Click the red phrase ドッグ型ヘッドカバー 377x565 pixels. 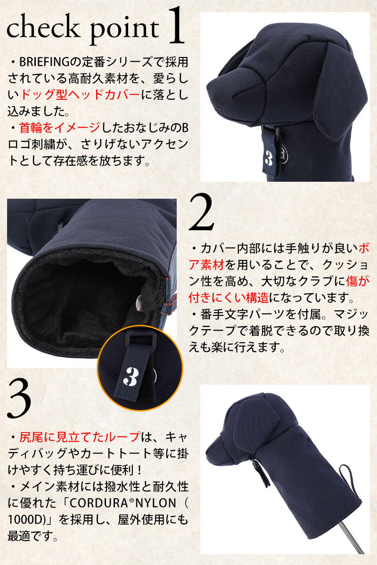[80, 95]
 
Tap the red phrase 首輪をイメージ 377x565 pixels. [60, 128]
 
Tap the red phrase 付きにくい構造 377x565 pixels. [229, 298]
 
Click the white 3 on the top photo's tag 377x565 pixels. [269, 158]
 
